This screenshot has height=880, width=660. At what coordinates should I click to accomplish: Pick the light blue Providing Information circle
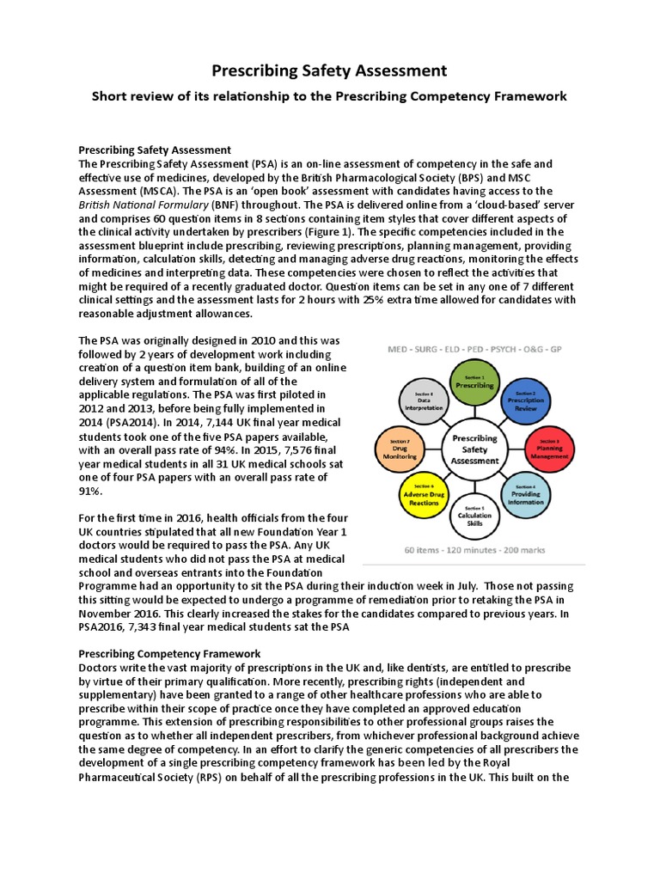(x=524, y=497)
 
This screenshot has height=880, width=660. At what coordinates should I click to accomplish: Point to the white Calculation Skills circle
(x=474, y=516)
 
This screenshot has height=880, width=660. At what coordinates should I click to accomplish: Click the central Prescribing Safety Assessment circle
(x=474, y=449)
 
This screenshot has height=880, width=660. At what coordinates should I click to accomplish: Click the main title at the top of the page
(x=329, y=70)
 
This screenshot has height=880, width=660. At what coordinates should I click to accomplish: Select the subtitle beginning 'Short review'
(x=329, y=96)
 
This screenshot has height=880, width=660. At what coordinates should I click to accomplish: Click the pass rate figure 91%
(x=89, y=491)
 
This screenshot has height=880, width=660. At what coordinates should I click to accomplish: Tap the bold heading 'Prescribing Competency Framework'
(x=169, y=654)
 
